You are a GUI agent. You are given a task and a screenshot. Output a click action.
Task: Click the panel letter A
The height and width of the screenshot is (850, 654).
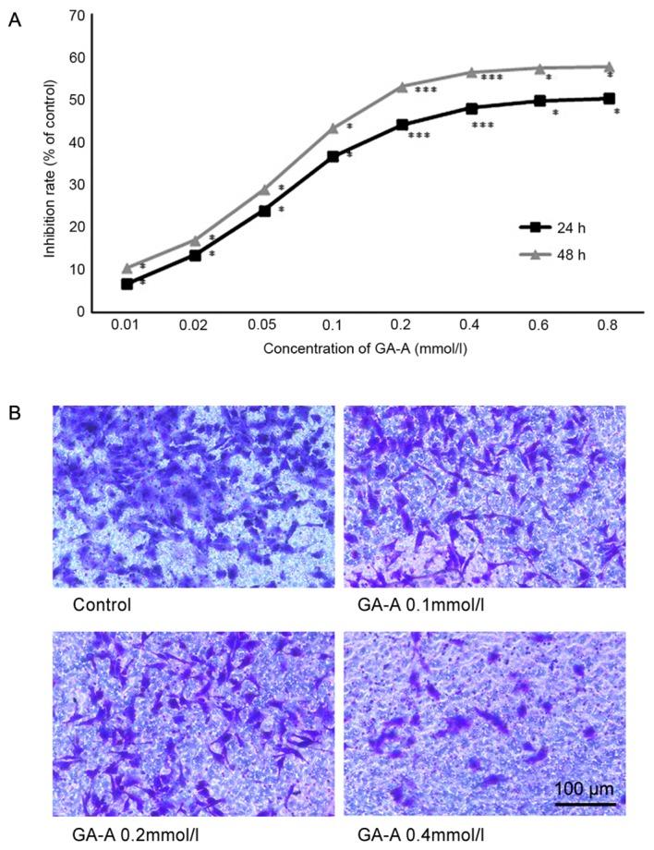click(15, 19)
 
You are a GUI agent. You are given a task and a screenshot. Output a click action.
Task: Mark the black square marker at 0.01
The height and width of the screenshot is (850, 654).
click(127, 284)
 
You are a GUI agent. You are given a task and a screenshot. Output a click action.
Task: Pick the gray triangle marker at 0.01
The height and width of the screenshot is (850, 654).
click(127, 268)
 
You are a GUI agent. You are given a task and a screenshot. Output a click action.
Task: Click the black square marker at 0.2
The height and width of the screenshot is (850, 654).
click(402, 125)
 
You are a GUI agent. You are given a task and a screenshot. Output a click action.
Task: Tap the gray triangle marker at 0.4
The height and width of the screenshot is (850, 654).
click(471, 72)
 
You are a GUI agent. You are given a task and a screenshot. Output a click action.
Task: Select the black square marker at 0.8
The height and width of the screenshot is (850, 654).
click(609, 98)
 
